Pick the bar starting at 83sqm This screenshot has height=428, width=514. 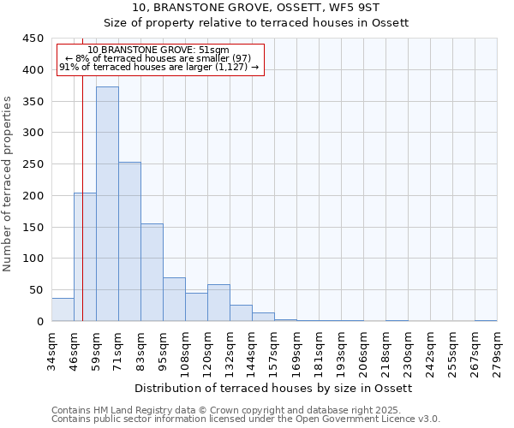tap(152, 272)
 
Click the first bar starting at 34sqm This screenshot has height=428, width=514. tap(63, 310)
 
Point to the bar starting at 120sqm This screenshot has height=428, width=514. tap(218, 303)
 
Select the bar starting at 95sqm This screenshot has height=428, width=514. tap(174, 300)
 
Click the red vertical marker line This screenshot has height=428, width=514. tap(82, 214)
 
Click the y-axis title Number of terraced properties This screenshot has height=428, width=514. tap(9, 183)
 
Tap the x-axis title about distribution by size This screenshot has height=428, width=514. tap(273, 388)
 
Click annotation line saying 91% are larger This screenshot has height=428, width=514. tap(158, 67)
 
